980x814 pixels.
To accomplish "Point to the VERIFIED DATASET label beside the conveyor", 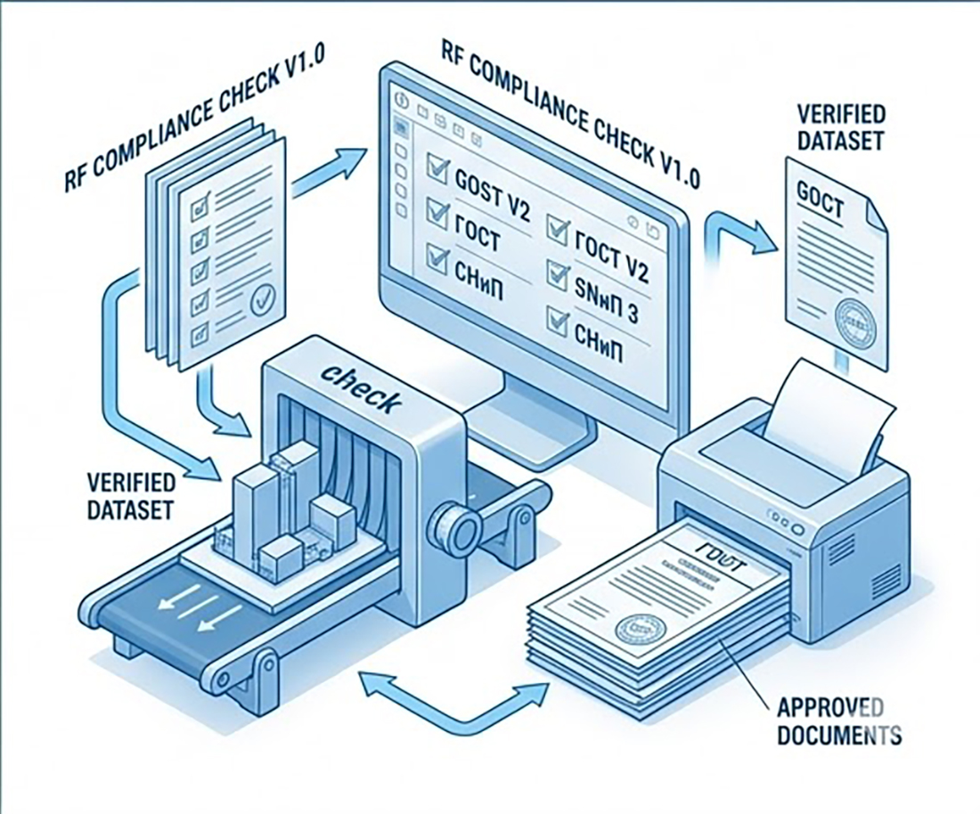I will pyautogui.click(x=132, y=496).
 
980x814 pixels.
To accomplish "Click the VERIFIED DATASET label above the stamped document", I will pyautogui.click(x=841, y=126).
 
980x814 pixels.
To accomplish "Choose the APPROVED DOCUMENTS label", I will pyautogui.click(x=838, y=722).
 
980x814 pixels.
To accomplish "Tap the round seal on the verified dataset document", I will pyautogui.click(x=854, y=325).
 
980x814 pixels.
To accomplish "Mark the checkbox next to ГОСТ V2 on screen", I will pyautogui.click(x=558, y=229).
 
